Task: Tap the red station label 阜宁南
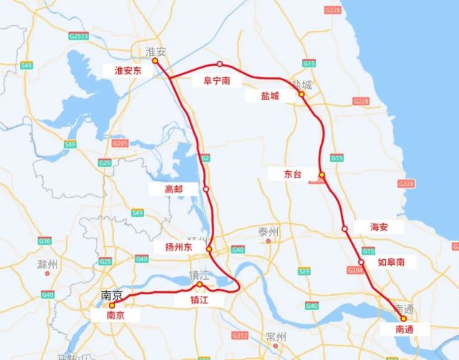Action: pyautogui.click(x=212, y=82)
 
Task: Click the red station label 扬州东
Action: pyautogui.click(x=174, y=247)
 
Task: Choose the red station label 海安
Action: pyautogui.click(x=380, y=227)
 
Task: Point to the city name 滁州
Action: pyautogui.click(x=48, y=265)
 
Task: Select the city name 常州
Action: pyautogui.click(x=275, y=336)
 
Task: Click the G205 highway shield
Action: pyautogui.click(x=120, y=144)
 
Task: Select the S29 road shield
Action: pyautogui.click(x=304, y=271)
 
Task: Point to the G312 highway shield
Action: pyautogui.click(x=239, y=335)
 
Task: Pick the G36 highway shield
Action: pyautogui.click(x=45, y=241)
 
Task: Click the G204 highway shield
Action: pyautogui.click(x=356, y=271)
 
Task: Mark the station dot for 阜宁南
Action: pyautogui.click(x=221, y=64)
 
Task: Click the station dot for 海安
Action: pyautogui.click(x=345, y=229)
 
